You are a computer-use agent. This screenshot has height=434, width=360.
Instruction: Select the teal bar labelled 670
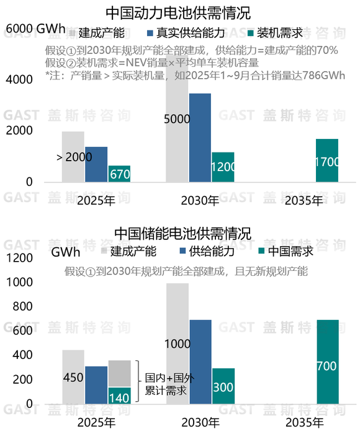(119, 174)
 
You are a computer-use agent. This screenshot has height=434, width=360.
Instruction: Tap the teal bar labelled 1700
(327, 161)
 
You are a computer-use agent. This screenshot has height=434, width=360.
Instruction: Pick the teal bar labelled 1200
(223, 167)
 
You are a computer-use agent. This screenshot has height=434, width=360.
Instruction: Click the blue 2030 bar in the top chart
(200, 138)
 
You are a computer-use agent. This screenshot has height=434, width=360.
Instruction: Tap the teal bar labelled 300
(223, 387)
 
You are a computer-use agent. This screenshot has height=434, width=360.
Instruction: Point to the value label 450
(73, 378)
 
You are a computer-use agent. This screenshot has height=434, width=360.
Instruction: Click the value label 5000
(177, 119)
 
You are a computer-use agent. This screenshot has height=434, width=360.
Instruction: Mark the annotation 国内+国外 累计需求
(165, 383)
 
